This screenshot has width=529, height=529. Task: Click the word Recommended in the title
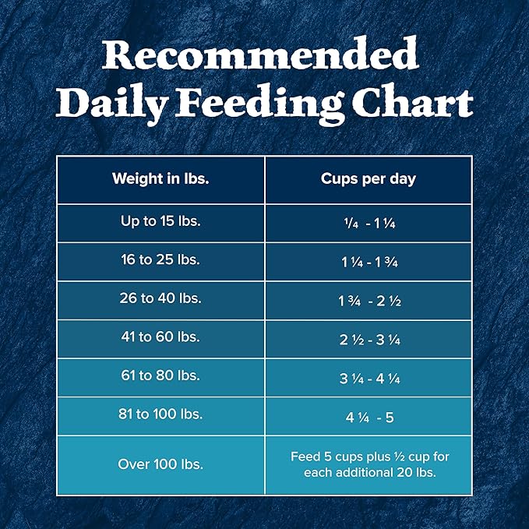pos(263,56)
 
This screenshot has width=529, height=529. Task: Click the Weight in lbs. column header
pos(160,178)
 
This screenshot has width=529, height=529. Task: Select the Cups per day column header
pos(369,178)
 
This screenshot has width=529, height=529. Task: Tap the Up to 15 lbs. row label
pos(160,221)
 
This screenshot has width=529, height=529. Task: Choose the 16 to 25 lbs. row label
pos(160,260)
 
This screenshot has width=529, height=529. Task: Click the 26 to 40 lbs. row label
pos(160,299)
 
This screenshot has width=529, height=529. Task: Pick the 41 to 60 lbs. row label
pos(160,338)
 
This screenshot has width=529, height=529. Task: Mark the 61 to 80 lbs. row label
pos(160,376)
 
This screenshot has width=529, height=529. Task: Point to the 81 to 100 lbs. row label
pos(160,414)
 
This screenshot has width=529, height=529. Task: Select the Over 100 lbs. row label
pos(160,464)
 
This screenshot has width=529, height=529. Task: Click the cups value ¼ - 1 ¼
pos(369,223)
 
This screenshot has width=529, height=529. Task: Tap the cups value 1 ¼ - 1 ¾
pos(369,262)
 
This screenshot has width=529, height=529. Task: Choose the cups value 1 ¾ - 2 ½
pos(369,301)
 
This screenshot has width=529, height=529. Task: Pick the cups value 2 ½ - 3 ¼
pos(369,340)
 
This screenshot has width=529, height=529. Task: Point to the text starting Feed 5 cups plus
pos(369,464)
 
